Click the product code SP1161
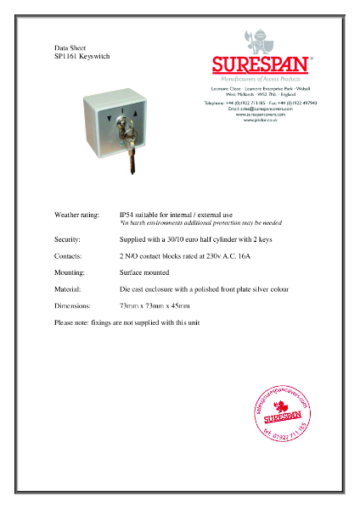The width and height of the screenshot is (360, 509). point(65,57)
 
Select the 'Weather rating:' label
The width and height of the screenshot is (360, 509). point(76,215)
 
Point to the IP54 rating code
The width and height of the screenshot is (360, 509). point(128,215)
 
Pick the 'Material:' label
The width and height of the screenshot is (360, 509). point(68,289)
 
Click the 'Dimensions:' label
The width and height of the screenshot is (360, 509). point(71,305)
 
